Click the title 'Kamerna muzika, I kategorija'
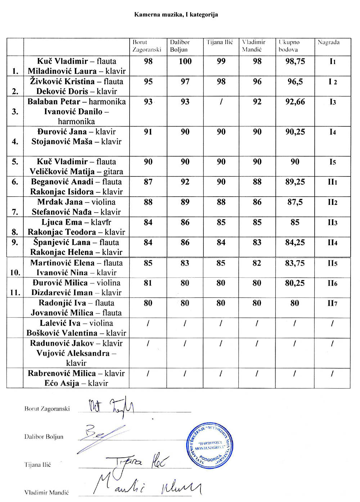tap(176, 15)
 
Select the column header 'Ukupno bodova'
tap(289, 46)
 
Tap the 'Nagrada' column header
tap(328, 42)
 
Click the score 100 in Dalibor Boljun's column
tap(185, 62)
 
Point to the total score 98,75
tap(295, 62)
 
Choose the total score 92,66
tap(295, 102)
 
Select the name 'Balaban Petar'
tap(54, 102)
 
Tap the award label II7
tap(332, 303)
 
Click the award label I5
tap(332, 162)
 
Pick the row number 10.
tap(15, 273)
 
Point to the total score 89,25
tap(295, 182)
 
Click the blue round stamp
tap(210, 446)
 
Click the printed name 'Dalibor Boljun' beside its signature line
tap(44, 437)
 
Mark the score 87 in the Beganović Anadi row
tap(148, 182)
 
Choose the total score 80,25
tap(295, 283)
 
